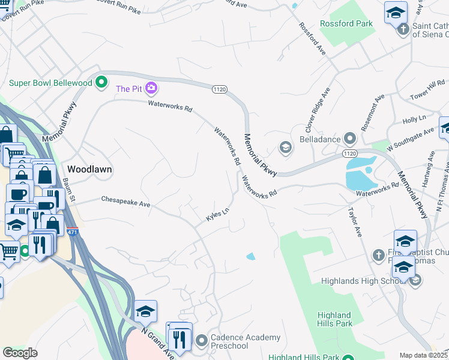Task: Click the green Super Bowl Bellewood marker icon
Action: click(x=101, y=82)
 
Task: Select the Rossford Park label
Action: click(x=346, y=24)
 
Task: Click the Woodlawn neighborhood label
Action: click(x=89, y=169)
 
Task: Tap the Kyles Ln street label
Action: click(x=218, y=215)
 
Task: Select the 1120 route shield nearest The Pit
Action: click(x=219, y=89)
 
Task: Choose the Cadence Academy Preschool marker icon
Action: click(x=201, y=341)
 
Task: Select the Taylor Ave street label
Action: click(x=354, y=222)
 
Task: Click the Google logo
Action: click(x=20, y=353)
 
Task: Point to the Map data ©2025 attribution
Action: click(x=423, y=355)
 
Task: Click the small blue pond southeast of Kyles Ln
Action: click(x=250, y=257)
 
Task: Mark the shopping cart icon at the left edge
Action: click(x=8, y=253)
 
